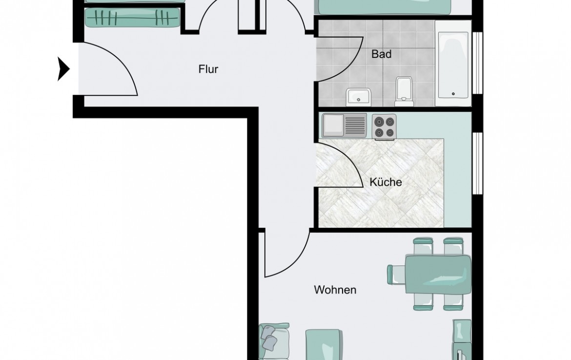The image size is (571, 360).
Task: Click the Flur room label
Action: [x=208, y=69]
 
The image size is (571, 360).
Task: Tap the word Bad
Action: [x=381, y=54]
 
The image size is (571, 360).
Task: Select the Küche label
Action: [x=386, y=182]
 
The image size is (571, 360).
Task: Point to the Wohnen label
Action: [x=335, y=290]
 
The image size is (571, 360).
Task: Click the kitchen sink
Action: [x=344, y=125]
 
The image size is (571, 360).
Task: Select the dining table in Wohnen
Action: [x=438, y=274]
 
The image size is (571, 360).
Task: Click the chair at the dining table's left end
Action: [x=396, y=273]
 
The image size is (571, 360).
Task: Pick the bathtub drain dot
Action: [x=453, y=94]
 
